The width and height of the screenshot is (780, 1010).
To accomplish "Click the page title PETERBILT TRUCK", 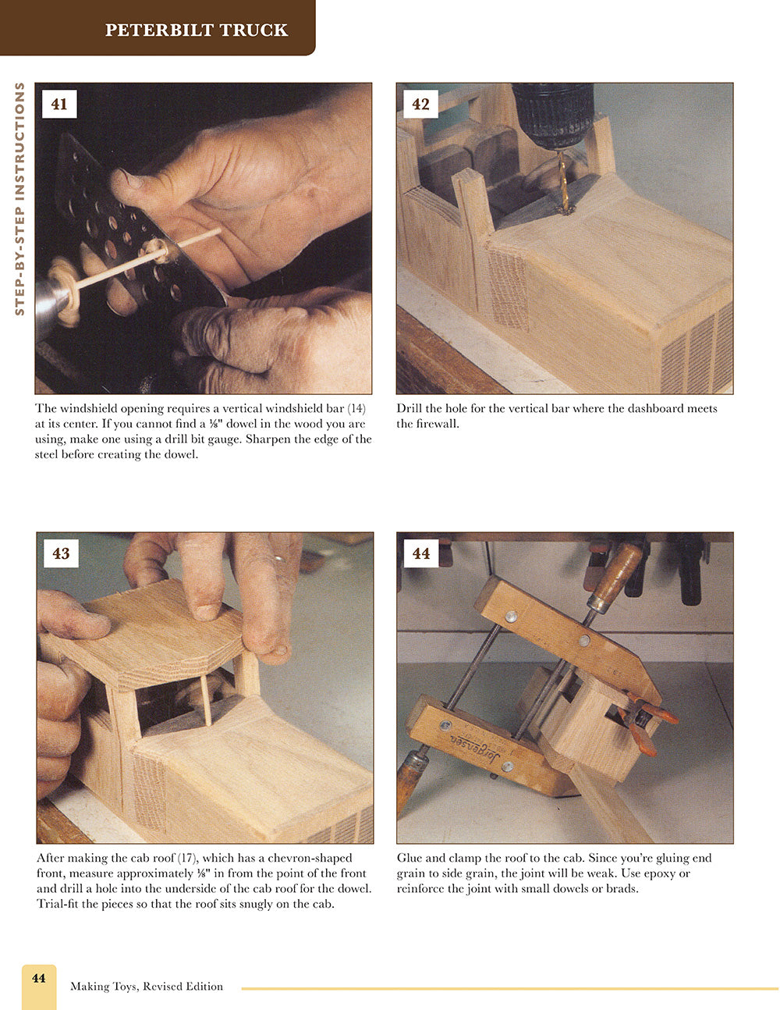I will tap(197, 30).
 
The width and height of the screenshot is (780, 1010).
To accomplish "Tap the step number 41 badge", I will tap(59, 104).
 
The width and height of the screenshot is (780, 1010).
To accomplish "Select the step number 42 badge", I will tap(420, 104).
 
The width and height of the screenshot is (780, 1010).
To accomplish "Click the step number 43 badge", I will tap(61, 553).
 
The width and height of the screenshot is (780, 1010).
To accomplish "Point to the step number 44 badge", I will tap(421, 553).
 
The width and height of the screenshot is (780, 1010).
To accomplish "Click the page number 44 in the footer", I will tap(38, 978).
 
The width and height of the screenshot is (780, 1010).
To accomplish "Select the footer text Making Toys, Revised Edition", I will tap(147, 987).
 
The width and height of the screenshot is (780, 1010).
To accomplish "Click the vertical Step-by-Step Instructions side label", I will tap(19, 199).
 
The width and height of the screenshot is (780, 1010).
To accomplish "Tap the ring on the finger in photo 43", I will tap(277, 559).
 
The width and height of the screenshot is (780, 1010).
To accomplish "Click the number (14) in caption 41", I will tap(356, 408).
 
